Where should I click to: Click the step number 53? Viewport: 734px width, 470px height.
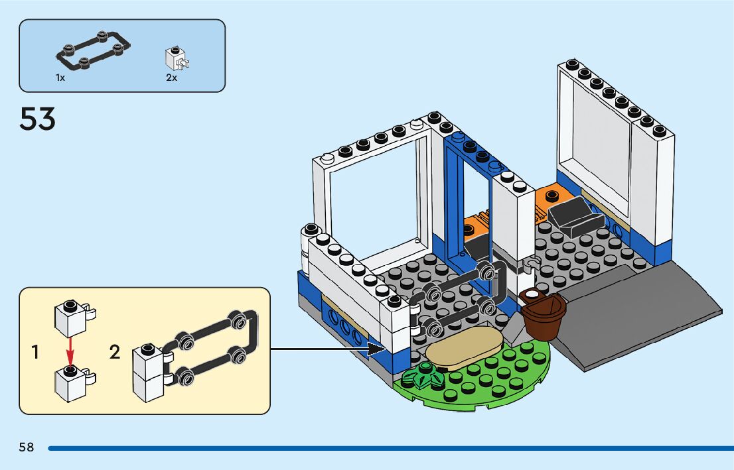(38, 120)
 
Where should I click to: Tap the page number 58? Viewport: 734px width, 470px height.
(26, 447)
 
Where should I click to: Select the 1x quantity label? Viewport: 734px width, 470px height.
(60, 78)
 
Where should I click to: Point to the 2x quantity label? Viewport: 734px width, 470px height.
(171, 78)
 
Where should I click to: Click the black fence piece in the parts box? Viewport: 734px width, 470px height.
(93, 48)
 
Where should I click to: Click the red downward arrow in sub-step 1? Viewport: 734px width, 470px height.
(70, 349)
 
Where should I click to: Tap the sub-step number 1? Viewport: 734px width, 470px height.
(35, 353)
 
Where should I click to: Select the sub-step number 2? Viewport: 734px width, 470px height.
(115, 353)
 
